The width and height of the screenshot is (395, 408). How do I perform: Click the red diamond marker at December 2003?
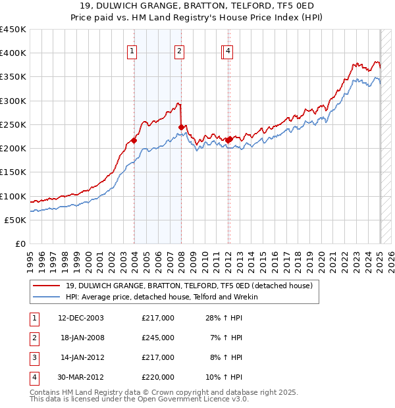[x=134, y=140]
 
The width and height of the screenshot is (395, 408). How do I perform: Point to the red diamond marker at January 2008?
[x=182, y=127]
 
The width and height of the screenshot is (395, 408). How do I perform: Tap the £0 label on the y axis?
[x=20, y=243]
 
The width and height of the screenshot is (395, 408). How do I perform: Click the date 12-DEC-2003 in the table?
[x=81, y=318]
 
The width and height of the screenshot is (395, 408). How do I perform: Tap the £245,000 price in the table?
[x=158, y=338]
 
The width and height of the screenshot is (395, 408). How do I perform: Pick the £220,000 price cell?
[x=158, y=377]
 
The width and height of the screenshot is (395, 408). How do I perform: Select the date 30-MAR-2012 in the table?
[x=81, y=377]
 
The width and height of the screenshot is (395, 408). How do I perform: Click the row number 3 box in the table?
[x=32, y=357]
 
